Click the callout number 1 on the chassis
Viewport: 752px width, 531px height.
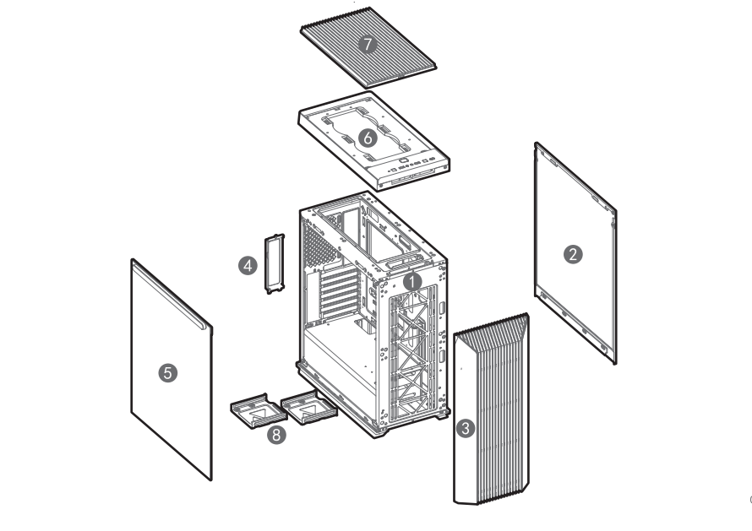pyautogui.click(x=412, y=282)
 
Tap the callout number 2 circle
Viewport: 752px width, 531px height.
pyautogui.click(x=573, y=254)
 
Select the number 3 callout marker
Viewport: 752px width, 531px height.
pyautogui.click(x=465, y=428)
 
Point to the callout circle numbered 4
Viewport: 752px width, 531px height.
pyautogui.click(x=248, y=265)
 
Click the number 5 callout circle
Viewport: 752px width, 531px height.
pyautogui.click(x=168, y=373)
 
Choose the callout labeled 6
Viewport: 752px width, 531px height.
pyautogui.click(x=368, y=138)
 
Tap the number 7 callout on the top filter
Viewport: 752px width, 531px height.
pyautogui.click(x=368, y=45)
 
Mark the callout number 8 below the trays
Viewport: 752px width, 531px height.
pyautogui.click(x=276, y=435)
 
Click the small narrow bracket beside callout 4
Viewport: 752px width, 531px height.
pyautogui.click(x=275, y=263)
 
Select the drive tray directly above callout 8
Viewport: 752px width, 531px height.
pyautogui.click(x=259, y=411)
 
